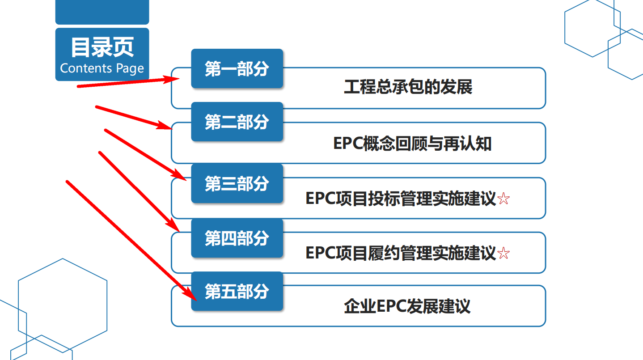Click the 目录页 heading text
point(102,47)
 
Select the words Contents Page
point(102,68)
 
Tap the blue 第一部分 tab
point(237,69)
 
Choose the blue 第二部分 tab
point(237,122)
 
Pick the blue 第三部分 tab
point(237,183)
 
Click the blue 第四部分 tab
point(237,238)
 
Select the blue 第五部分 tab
point(237,292)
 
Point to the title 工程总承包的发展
point(408,87)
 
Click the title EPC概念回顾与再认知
point(412,144)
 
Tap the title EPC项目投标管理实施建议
point(401,199)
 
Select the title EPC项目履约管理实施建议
point(401,253)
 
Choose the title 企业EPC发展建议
point(407,307)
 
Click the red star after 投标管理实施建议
point(503,199)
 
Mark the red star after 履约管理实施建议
point(503,254)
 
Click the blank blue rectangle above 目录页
point(102,12)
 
